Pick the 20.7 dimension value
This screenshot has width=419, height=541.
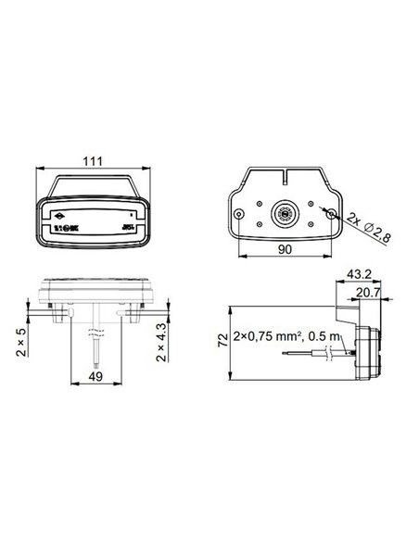(x=369, y=295)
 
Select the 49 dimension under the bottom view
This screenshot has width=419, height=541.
(x=95, y=377)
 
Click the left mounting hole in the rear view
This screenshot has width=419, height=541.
(x=241, y=214)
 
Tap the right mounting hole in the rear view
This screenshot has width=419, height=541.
(x=331, y=213)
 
